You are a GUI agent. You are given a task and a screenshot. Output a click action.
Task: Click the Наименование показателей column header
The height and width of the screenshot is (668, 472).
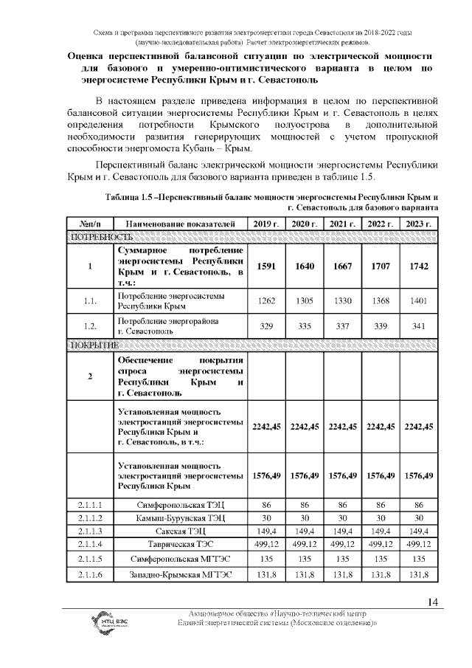(x=180, y=224)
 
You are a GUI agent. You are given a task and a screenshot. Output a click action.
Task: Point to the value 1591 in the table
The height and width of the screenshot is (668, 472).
(x=265, y=266)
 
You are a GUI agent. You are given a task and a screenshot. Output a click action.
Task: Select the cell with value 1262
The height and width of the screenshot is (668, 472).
(x=265, y=300)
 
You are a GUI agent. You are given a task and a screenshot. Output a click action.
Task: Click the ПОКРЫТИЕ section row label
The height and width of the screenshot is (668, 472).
(x=94, y=345)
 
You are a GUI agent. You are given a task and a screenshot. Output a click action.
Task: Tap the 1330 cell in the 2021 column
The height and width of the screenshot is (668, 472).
(x=342, y=300)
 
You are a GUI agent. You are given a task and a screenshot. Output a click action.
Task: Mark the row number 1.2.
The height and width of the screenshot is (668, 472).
(x=89, y=327)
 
